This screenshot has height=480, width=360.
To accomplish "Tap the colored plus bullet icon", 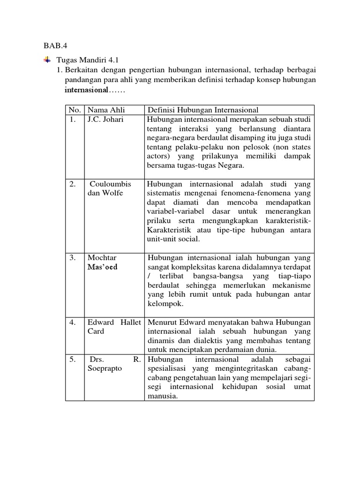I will click(47, 60).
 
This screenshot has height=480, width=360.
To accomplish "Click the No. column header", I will click(75, 110).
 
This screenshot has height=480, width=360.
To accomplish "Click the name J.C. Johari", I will click(105, 119).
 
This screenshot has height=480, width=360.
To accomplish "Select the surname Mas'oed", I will click(103, 267).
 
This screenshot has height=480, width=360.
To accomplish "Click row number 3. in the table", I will click(72, 258).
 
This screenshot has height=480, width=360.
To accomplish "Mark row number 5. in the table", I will click(72, 359).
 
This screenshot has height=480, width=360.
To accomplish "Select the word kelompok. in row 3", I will click(165, 303).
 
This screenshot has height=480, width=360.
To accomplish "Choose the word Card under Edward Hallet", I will click(96, 331).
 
